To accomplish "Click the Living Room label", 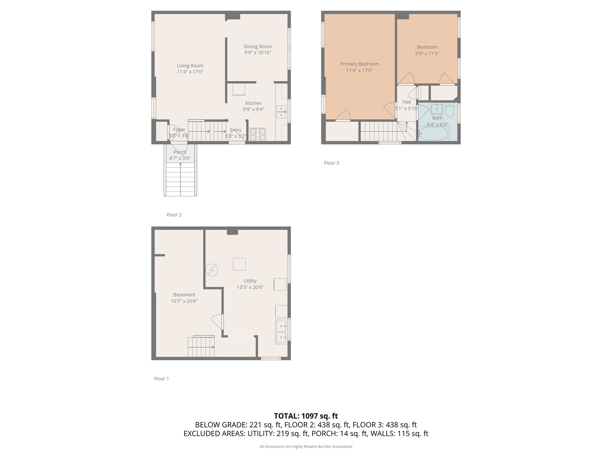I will click(x=190, y=66).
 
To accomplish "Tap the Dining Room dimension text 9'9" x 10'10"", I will click(x=258, y=53).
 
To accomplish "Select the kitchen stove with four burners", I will click(x=258, y=134).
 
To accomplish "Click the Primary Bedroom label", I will click(x=359, y=64).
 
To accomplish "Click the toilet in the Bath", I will click(x=450, y=110).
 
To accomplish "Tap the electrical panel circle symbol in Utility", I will click(x=212, y=270).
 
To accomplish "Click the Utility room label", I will click(x=250, y=281).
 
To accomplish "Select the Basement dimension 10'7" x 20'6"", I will click(x=184, y=301).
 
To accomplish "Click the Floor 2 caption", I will click(x=174, y=215).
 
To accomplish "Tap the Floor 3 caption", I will click(x=331, y=163).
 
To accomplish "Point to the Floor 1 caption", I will click(x=161, y=379).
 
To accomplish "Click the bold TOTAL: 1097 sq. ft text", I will click(x=306, y=416).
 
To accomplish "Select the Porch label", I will click(x=180, y=152).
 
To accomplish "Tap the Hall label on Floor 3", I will click(x=407, y=102).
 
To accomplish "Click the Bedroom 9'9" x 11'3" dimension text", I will click(x=427, y=54).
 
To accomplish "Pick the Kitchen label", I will click(x=253, y=103).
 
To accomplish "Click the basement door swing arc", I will click(x=217, y=321).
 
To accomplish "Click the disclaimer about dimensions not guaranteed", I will click(x=306, y=447).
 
